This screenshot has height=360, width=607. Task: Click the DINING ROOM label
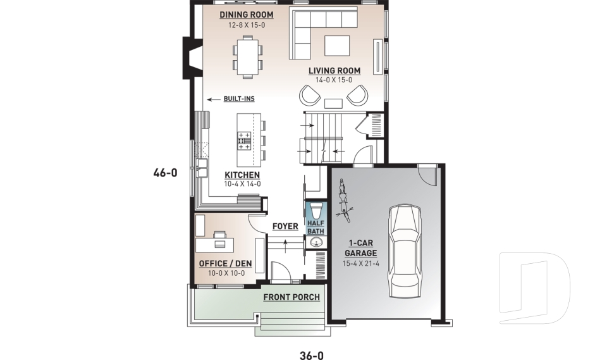(x=247, y=14)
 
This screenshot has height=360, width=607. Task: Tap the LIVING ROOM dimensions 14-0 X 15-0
(x=334, y=80)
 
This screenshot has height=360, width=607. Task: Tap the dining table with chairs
(x=247, y=55)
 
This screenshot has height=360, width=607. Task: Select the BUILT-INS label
(x=239, y=99)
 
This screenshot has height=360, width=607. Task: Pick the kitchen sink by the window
(x=202, y=167)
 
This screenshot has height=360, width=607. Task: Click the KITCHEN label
(x=242, y=175)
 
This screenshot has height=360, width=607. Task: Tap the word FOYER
(x=285, y=227)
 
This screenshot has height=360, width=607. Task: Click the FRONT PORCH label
(x=291, y=297)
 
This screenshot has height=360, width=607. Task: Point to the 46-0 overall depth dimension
(x=165, y=172)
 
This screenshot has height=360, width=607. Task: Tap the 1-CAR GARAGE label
(x=360, y=248)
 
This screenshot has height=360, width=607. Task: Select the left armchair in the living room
(x=310, y=96)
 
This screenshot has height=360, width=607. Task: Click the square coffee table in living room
(x=337, y=46)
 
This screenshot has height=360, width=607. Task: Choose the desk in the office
(x=214, y=244)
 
